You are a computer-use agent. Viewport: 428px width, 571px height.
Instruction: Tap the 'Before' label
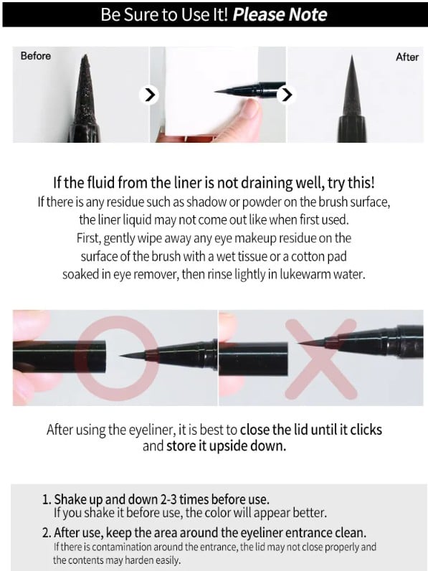click(x=35, y=56)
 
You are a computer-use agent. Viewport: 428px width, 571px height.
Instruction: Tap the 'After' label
click(x=407, y=57)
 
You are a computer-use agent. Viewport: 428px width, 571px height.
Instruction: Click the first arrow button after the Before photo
click(x=148, y=94)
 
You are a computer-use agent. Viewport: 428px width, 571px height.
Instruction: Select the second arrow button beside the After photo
click(x=286, y=94)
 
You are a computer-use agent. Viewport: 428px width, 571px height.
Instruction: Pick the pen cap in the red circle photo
click(x=61, y=355)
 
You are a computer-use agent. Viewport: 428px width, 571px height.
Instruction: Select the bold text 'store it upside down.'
click(x=226, y=445)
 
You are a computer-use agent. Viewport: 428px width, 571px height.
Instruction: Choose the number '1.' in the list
click(x=47, y=499)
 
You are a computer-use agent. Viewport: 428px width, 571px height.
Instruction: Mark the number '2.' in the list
click(x=47, y=532)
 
